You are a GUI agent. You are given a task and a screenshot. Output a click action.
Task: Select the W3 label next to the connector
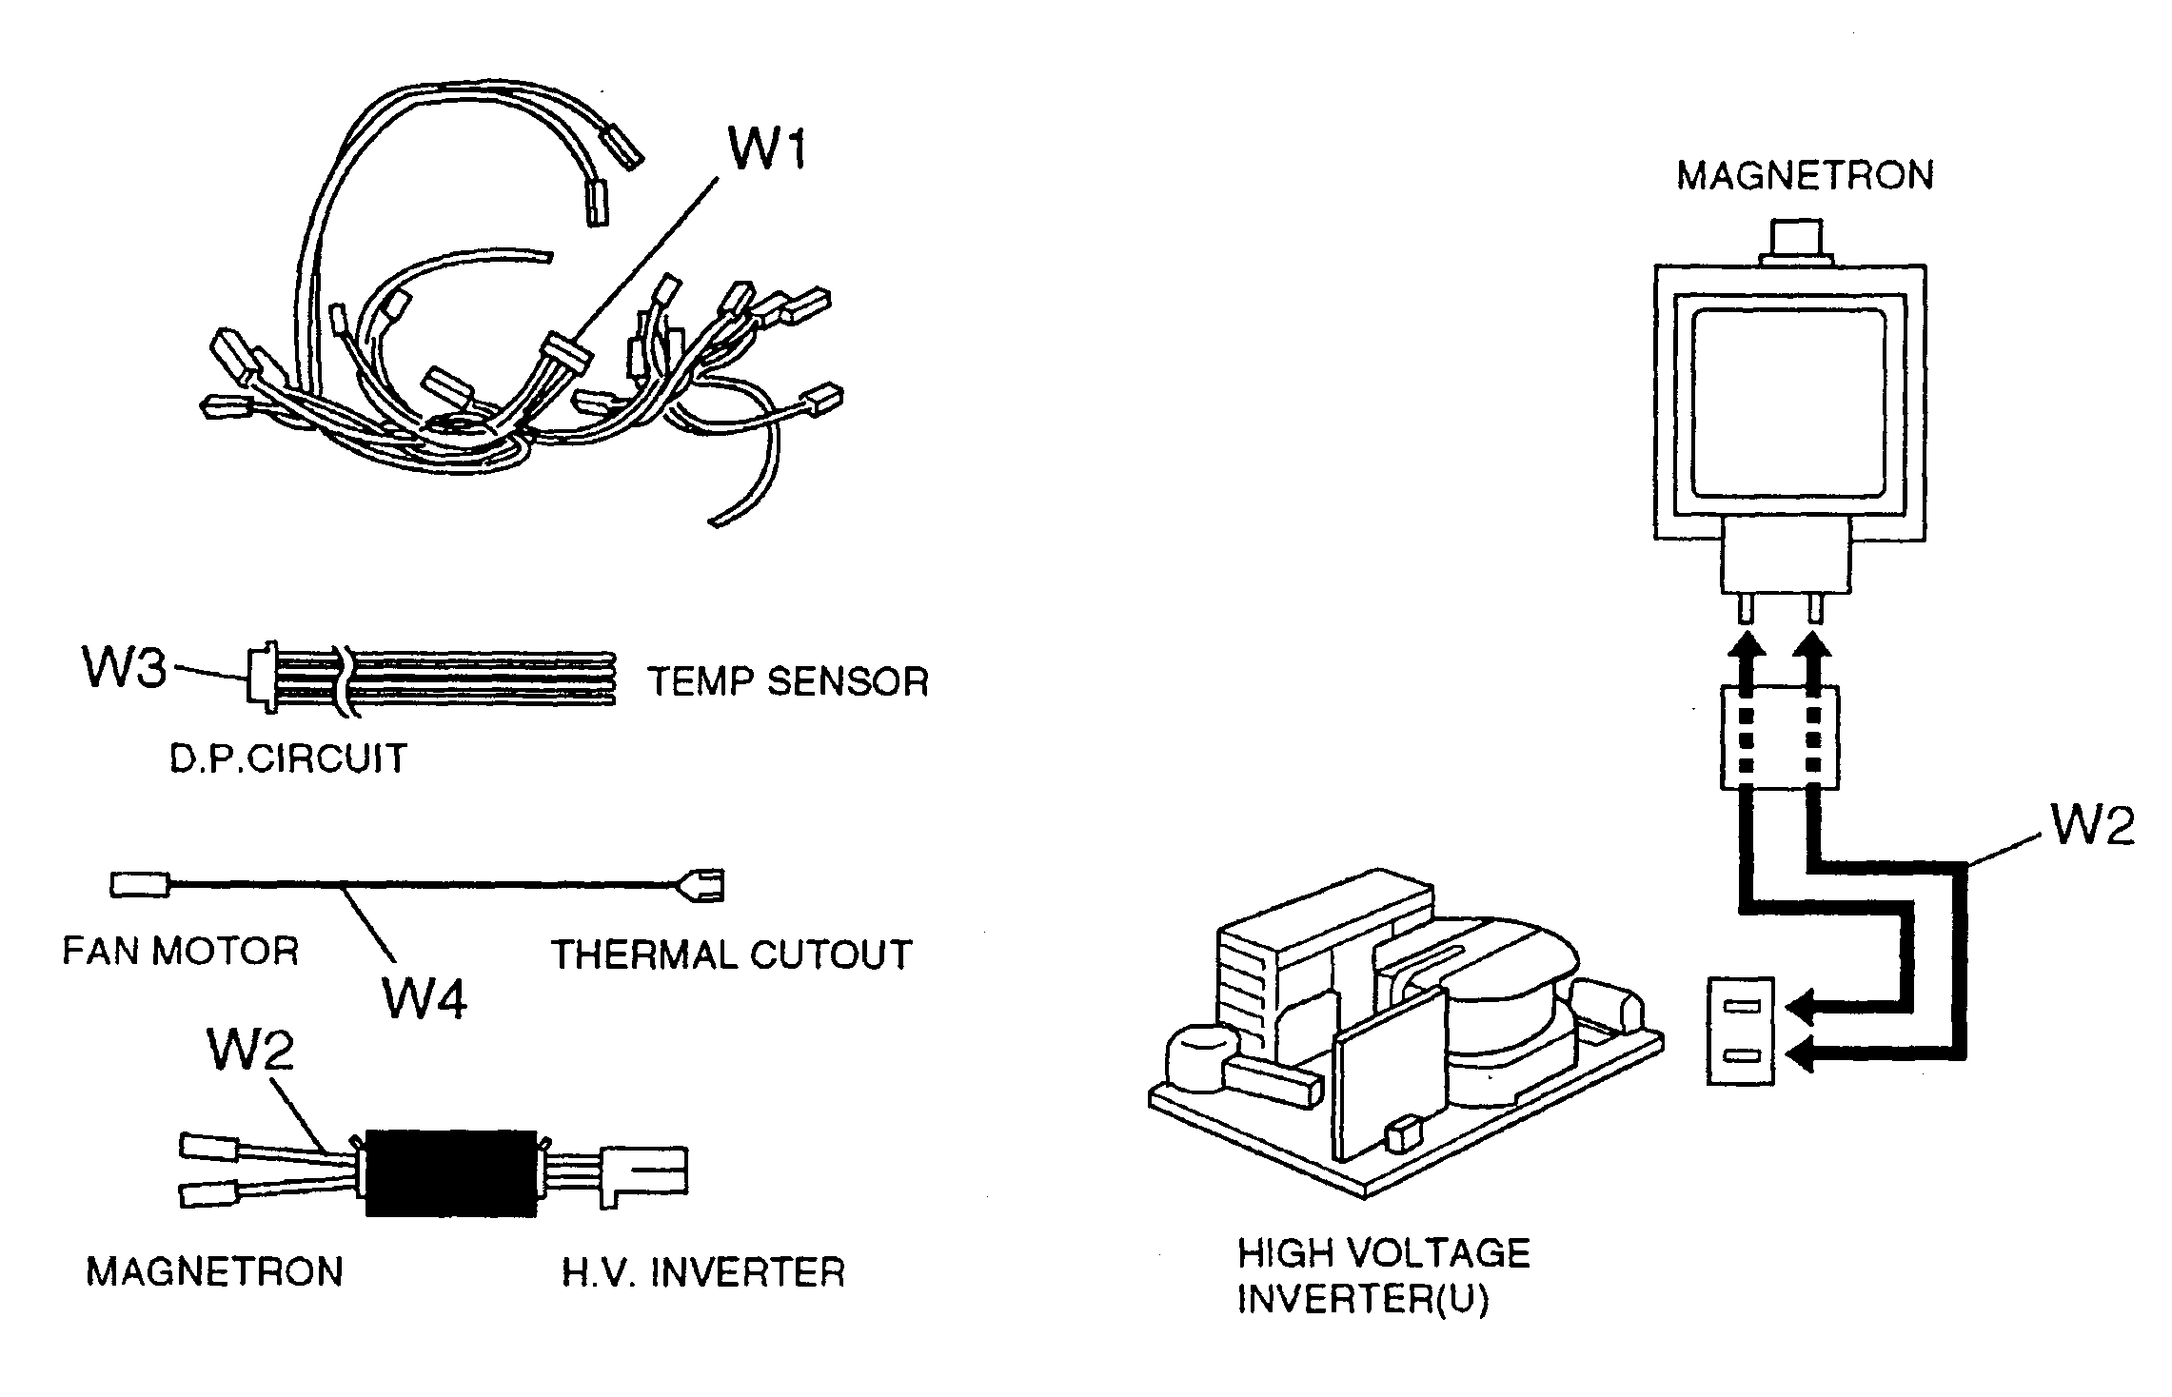pyautogui.click(x=125, y=668)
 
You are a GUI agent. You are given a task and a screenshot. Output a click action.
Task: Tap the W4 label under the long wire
pyautogui.click(x=424, y=997)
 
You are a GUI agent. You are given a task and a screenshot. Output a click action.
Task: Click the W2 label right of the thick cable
pyautogui.click(x=2092, y=826)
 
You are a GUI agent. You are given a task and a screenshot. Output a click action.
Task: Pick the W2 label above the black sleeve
pyautogui.click(x=250, y=1052)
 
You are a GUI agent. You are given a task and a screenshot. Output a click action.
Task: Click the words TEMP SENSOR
pyautogui.click(x=788, y=682)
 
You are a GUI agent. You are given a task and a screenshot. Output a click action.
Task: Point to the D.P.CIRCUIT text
pyautogui.click(x=288, y=759)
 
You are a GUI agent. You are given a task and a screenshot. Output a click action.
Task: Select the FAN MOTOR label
pyautogui.click(x=181, y=951)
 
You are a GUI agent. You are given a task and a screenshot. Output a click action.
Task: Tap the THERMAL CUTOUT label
pyautogui.click(x=732, y=954)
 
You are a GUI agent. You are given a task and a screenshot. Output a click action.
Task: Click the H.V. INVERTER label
pyautogui.click(x=703, y=1272)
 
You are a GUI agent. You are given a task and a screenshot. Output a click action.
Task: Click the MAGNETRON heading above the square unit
pyautogui.click(x=1805, y=176)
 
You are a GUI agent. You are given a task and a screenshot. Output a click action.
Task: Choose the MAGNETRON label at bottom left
pyautogui.click(x=214, y=1271)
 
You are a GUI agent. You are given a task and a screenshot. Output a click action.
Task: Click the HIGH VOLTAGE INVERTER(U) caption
pyautogui.click(x=1383, y=1276)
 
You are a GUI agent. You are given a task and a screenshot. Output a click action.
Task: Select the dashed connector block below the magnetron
pyautogui.click(x=1780, y=738)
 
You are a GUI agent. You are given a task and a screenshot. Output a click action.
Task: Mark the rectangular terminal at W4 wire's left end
pyautogui.click(x=140, y=885)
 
